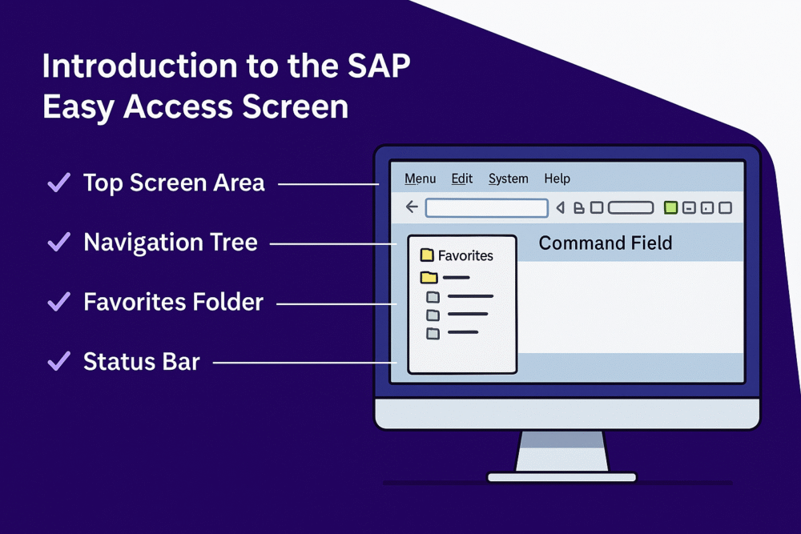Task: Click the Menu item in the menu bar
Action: point(420,179)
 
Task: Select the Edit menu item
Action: point(462,179)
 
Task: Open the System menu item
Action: point(508,179)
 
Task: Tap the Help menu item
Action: point(557,179)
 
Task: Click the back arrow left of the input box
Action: point(412,207)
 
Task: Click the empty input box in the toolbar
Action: point(486,208)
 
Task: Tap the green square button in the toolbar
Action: point(670,208)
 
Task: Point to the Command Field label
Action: point(605,243)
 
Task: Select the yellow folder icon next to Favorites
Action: point(427,255)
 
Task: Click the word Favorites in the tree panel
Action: point(465,255)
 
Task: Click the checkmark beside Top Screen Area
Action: point(58,183)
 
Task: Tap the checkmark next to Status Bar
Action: point(58,361)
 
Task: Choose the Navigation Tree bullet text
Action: point(170,242)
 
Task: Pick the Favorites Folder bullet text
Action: point(173,302)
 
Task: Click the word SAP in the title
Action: point(377,66)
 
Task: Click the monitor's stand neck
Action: point(562,451)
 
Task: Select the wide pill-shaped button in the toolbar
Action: point(630,208)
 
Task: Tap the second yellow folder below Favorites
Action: point(429,278)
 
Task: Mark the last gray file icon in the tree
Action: point(433,332)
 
